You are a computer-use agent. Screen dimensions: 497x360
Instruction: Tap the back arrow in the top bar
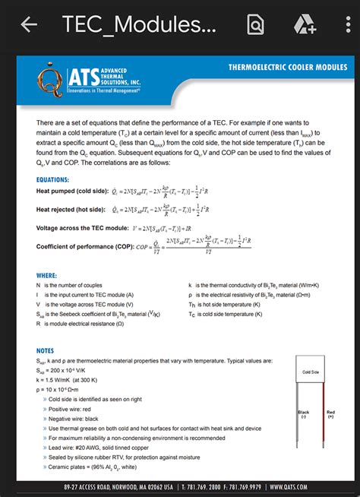pos(29,24)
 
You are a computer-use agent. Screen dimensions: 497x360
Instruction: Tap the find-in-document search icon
pos(256,24)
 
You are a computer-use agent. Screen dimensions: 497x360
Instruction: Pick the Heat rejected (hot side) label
pos(70,208)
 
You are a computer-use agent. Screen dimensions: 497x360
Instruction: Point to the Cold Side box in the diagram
pos(310,372)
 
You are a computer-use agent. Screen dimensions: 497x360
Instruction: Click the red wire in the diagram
pos(325,429)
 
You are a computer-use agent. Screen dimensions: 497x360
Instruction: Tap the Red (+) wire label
pos(331,415)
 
